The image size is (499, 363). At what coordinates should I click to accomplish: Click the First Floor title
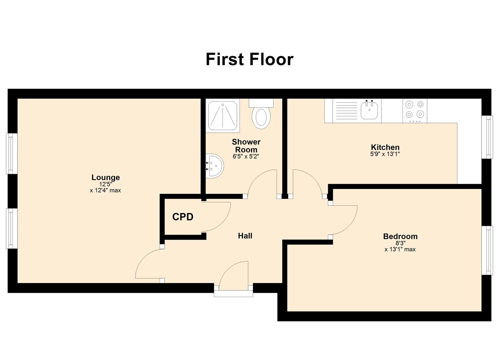point(249,59)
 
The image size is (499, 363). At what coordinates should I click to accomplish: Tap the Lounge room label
point(106,177)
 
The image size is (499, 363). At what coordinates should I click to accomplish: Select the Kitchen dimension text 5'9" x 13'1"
point(385,154)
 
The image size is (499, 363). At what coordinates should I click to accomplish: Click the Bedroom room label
point(400,236)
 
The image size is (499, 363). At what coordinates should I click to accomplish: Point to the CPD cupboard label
point(183,217)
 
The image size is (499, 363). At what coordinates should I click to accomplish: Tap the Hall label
point(245,236)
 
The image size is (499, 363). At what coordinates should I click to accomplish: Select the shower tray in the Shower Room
point(223,116)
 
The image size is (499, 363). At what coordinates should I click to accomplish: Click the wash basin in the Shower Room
point(215,166)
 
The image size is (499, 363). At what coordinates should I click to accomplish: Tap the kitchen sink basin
point(369,110)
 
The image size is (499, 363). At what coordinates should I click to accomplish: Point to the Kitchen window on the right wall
point(487,137)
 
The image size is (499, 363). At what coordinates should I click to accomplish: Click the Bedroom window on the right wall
point(487,250)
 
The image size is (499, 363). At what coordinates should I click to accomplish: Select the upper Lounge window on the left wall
point(12,154)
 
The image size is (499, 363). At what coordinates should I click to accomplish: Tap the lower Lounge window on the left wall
point(12,228)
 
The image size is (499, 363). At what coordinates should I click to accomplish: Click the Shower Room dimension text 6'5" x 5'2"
point(246,157)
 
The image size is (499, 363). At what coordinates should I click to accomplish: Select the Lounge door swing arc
point(148,266)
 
